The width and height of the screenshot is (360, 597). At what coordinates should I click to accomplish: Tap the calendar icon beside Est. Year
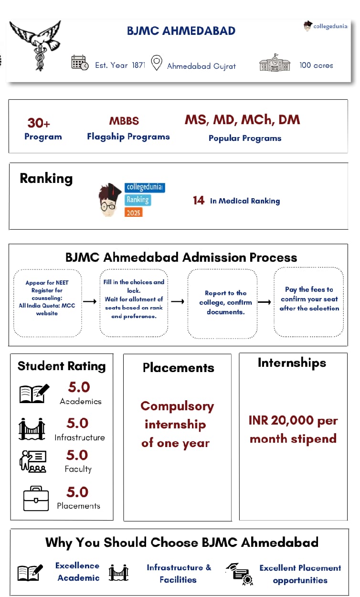[x=79, y=64]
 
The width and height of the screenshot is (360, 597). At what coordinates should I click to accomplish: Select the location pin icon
[x=156, y=64]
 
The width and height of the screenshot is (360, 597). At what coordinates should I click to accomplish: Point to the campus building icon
[x=275, y=64]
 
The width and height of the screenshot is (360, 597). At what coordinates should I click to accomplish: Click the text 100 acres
[x=316, y=65]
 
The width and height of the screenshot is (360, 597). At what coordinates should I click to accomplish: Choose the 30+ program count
[x=39, y=123]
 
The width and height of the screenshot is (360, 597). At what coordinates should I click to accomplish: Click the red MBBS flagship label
[x=124, y=121]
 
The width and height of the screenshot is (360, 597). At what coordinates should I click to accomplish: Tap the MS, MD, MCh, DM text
[x=242, y=120]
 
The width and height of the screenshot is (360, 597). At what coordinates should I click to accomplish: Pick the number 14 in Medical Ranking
[x=199, y=201]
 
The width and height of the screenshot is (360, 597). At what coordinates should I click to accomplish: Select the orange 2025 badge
[x=134, y=212]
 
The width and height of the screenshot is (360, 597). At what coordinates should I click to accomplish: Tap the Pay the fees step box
[x=308, y=302]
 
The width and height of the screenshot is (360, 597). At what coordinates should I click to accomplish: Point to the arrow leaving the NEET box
[x=90, y=302]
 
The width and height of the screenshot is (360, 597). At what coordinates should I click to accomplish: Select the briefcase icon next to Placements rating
[x=36, y=498]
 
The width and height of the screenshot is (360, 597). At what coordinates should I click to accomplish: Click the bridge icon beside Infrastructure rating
[x=32, y=429]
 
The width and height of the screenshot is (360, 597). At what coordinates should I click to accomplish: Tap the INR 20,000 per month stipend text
[x=293, y=429]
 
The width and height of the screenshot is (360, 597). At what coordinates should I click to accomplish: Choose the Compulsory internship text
[x=176, y=425]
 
